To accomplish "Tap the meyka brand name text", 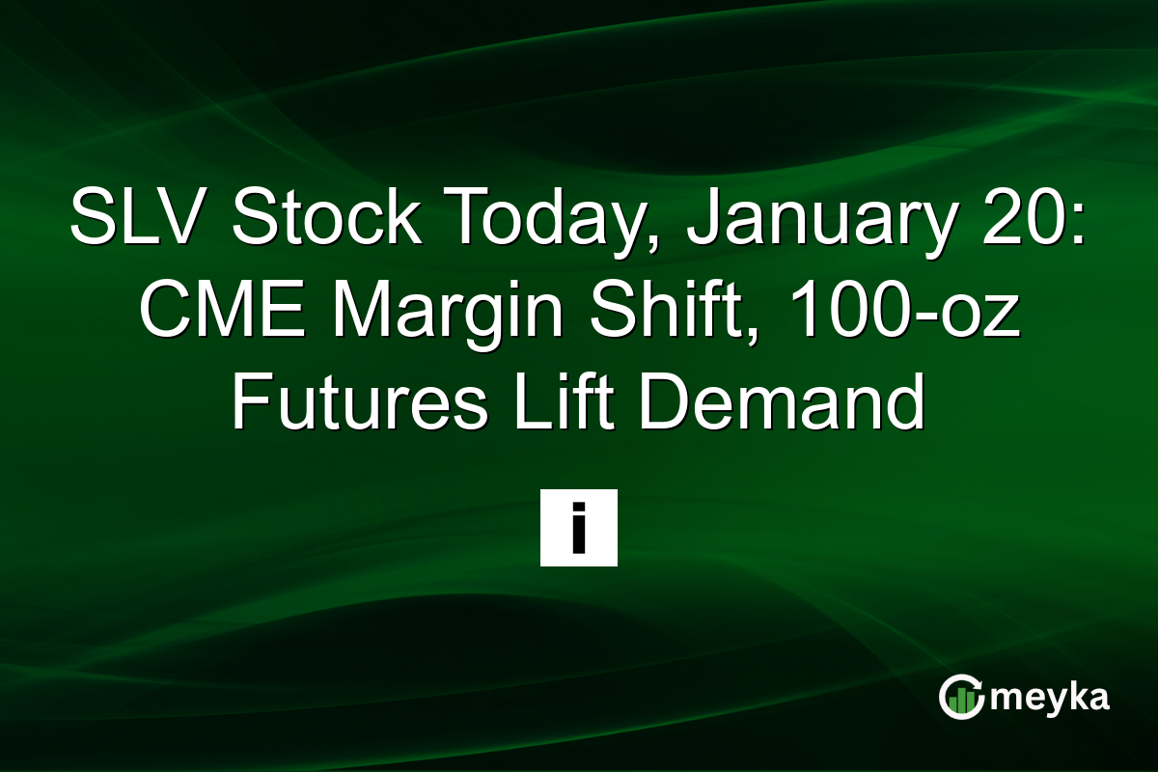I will (1050, 698).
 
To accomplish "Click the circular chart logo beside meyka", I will (961, 698).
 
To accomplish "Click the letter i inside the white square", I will (578, 529).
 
